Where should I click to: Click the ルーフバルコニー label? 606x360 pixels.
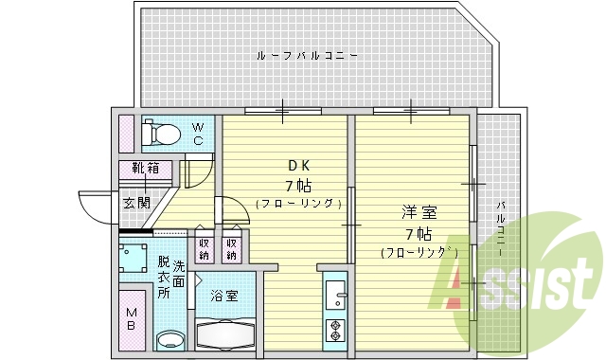[308, 56]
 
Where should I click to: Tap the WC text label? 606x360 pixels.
[199, 134]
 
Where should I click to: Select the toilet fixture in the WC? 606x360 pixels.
[161, 134]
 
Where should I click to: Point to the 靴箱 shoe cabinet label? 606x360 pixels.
[146, 170]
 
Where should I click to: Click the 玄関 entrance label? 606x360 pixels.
[135, 202]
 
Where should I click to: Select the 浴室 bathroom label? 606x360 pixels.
[224, 296]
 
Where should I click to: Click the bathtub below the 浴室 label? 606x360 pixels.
[224, 334]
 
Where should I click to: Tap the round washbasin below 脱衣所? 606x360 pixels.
[170, 339]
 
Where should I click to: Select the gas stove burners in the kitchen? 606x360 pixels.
[334, 331]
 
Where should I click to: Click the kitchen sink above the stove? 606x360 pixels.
[334, 297]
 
